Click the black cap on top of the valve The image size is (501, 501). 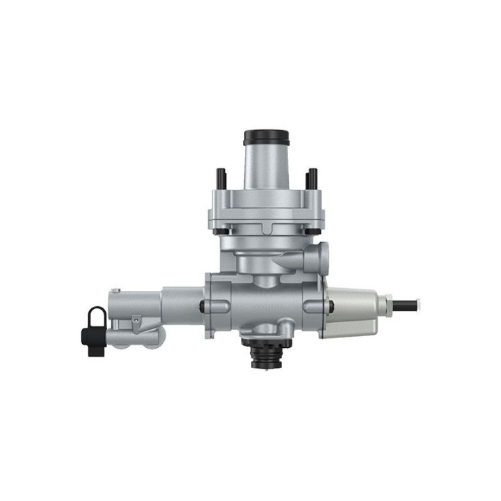[x=265, y=136]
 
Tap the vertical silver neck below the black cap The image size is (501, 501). [x=265, y=167]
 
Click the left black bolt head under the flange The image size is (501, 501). [x=221, y=232]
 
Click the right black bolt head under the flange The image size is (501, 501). [x=310, y=232]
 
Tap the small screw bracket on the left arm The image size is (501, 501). [x=136, y=319]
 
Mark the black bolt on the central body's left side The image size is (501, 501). [x=203, y=307]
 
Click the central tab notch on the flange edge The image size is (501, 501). [x=265, y=228]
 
